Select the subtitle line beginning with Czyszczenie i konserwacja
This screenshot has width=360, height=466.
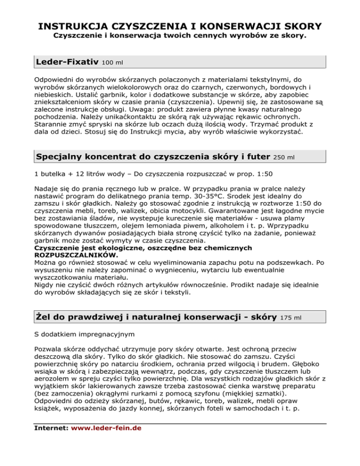tap(180, 36)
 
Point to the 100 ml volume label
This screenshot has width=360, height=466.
tap(112, 62)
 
